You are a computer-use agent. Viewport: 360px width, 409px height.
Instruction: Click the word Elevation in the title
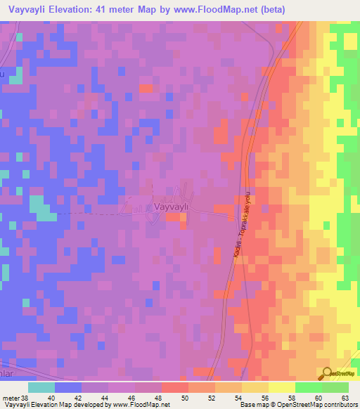pyautogui.click(x=88, y=10)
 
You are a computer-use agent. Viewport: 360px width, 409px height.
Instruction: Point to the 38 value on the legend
pyautogui.click(x=25, y=397)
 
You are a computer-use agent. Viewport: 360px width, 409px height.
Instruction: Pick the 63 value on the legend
pyautogui.click(x=346, y=397)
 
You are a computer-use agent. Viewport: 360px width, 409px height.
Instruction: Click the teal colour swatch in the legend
pyautogui.click(x=41, y=387)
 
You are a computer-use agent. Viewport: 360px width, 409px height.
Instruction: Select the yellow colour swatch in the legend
pyautogui.click(x=281, y=387)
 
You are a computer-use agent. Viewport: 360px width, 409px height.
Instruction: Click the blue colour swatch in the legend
pyautogui.click(x=67, y=387)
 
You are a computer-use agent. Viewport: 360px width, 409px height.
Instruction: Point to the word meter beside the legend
pyautogui.click(x=10, y=397)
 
